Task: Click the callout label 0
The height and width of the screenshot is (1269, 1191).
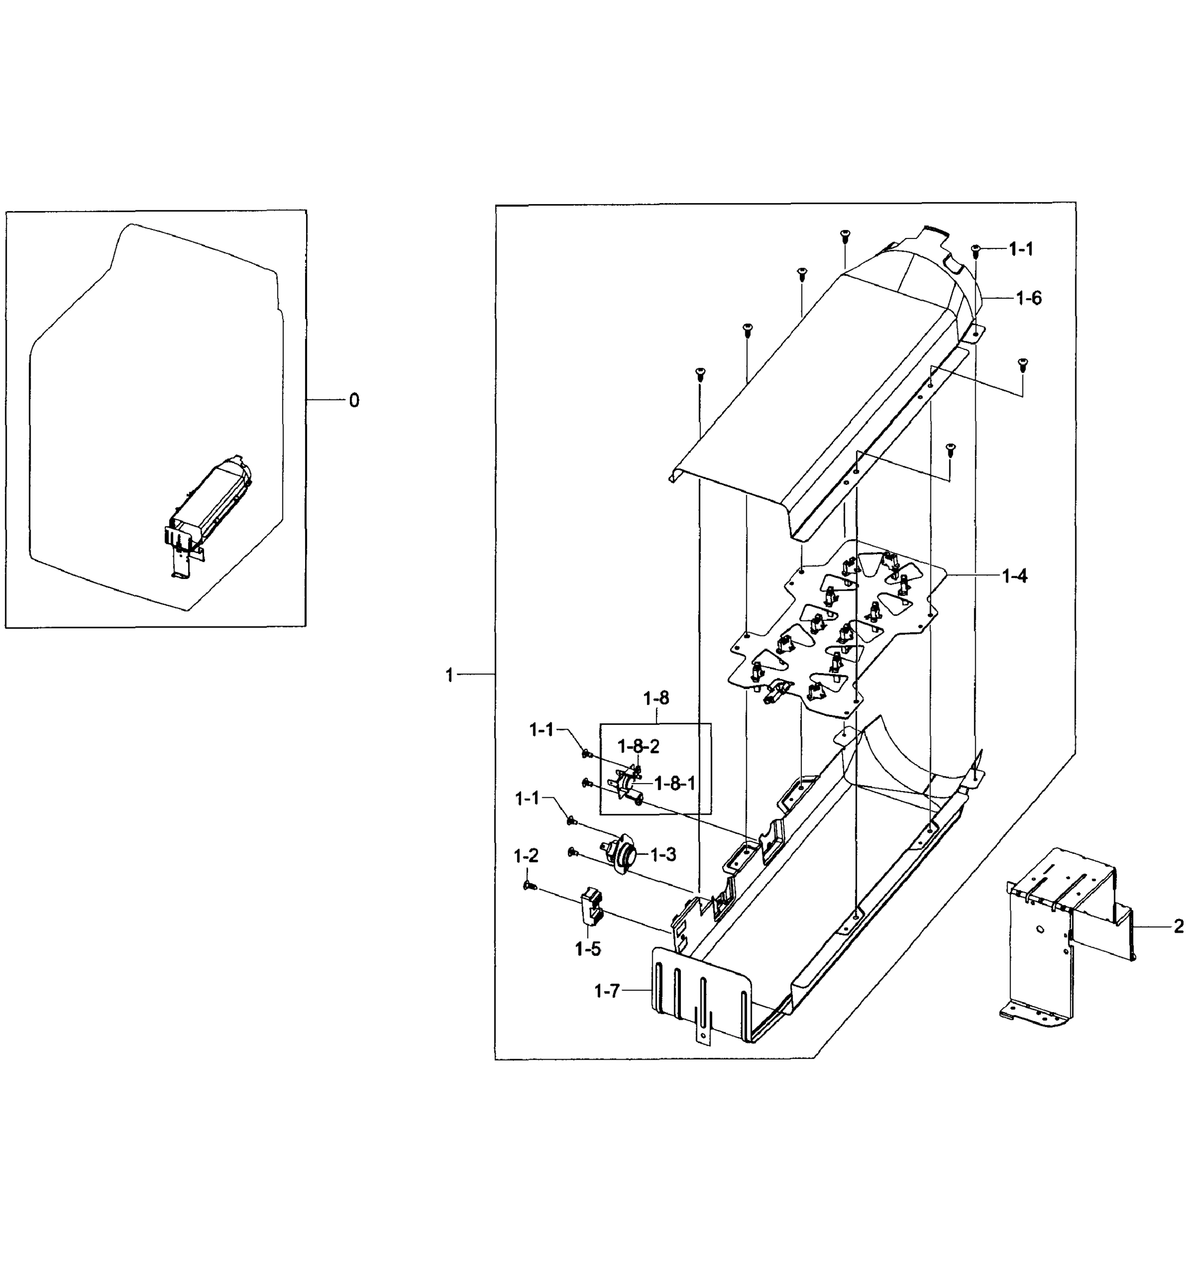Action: click(x=354, y=401)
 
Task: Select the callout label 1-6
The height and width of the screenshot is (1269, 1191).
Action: click(x=1028, y=298)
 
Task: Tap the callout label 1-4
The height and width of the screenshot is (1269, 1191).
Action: click(x=1014, y=576)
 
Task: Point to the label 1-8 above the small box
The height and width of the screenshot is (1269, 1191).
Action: click(x=656, y=698)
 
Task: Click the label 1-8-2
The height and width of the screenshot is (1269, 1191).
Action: click(x=638, y=746)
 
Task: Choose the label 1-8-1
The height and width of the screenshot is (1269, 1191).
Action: click(x=675, y=783)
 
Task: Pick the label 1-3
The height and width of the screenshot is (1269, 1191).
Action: click(x=663, y=854)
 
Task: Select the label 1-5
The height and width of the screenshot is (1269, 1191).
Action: click(x=587, y=949)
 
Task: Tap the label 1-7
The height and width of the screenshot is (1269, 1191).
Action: click(x=607, y=991)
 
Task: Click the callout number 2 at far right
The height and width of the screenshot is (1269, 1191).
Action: click(x=1178, y=926)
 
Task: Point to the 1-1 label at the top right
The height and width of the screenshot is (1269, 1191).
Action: click(x=1021, y=250)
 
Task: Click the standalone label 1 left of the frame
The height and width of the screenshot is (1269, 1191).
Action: click(x=449, y=675)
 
